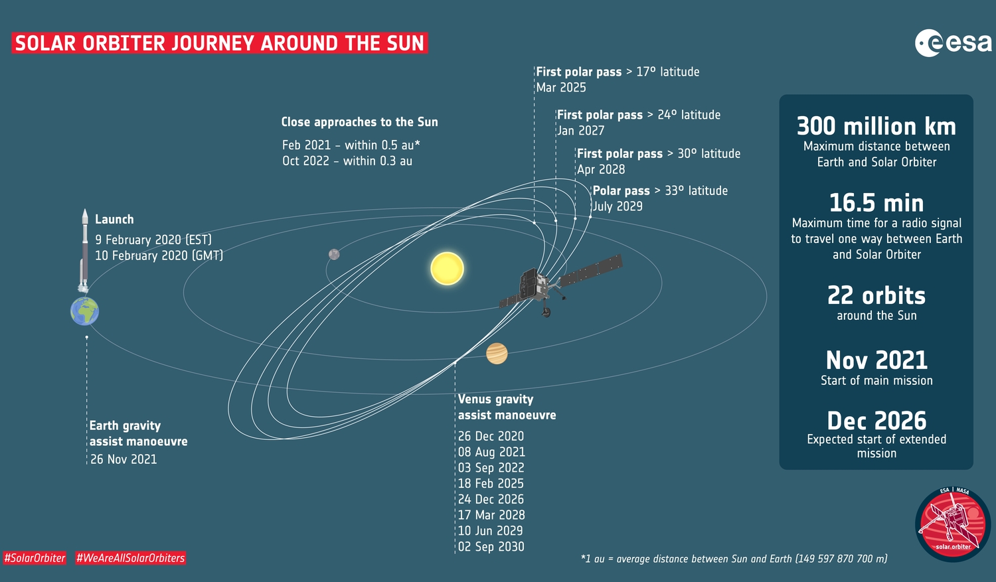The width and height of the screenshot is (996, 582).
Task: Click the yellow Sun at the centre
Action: coord(448,268)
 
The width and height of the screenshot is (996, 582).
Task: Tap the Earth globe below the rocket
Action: coord(84,311)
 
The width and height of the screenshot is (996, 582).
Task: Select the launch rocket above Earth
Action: coord(84,250)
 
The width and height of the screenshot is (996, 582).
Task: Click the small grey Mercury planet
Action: coord(334,254)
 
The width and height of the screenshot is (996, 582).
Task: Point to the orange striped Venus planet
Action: coord(497,353)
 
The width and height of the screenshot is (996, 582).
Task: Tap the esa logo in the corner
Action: coord(953,42)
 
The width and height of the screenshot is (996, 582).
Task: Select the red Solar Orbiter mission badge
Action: coord(953,524)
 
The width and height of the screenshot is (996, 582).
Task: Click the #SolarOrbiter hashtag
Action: coord(35,558)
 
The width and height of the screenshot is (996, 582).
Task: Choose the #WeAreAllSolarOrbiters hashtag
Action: coord(130,558)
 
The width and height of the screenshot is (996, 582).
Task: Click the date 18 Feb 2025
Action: coord(491,483)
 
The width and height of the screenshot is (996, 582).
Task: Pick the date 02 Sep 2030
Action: coord(491,546)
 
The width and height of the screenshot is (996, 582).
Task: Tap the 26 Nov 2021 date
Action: coord(124,459)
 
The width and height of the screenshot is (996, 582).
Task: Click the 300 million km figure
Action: coord(876,126)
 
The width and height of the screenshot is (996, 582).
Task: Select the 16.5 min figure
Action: coord(876,203)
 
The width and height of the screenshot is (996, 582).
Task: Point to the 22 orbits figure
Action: coord(876,295)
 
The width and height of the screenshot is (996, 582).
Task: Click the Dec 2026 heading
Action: coord(876,421)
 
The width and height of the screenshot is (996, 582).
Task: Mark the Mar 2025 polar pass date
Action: coord(561,88)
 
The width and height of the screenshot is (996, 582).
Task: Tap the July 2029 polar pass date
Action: coord(618,206)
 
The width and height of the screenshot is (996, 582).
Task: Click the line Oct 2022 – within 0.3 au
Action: coord(347,161)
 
